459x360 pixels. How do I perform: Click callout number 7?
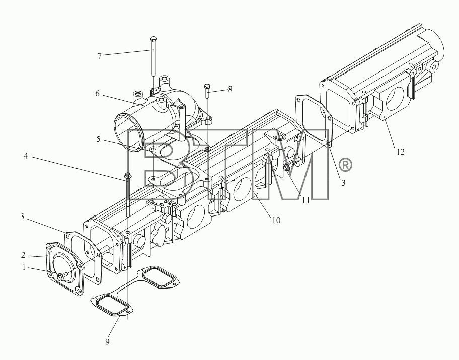(x=100, y=56)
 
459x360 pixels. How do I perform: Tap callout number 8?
(x=230, y=89)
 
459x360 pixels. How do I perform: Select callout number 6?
(x=97, y=94)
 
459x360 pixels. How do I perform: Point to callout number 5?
(x=98, y=139)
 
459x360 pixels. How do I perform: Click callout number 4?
(x=26, y=156)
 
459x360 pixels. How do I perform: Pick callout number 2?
(x=23, y=255)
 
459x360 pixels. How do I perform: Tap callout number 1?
(x=24, y=268)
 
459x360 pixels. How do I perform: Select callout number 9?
(x=107, y=341)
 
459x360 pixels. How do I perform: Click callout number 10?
(x=276, y=220)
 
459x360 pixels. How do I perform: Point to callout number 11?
(x=306, y=200)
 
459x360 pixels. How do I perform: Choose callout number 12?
(x=401, y=152)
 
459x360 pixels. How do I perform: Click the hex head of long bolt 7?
(x=154, y=39)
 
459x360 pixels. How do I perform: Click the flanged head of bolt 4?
(x=128, y=176)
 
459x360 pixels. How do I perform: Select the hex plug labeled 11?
(x=286, y=168)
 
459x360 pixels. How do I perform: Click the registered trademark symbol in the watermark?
(x=345, y=165)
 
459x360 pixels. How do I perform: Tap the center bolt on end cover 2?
(x=61, y=277)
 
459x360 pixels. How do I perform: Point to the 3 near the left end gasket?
(x=22, y=217)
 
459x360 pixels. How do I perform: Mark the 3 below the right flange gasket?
(x=343, y=183)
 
